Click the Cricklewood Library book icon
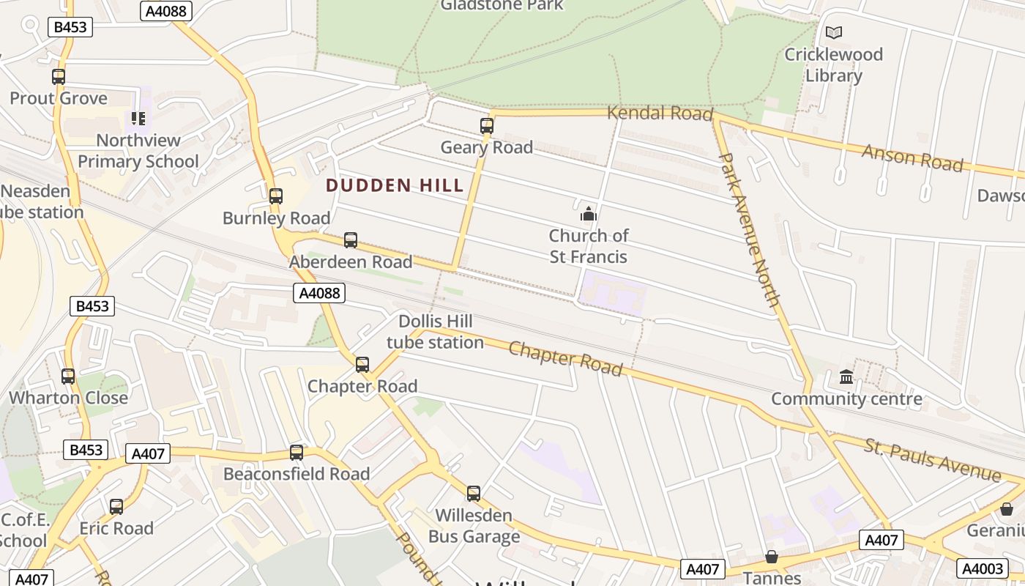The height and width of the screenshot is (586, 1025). pos(834,32)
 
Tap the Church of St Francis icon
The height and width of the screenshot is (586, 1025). pos(589,214)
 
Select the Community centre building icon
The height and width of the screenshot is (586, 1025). pos(847,377)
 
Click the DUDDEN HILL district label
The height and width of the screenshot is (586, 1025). pos(395,185)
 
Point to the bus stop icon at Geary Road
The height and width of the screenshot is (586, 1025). pos(487,125)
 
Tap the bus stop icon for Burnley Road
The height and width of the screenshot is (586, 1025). pos(276,196)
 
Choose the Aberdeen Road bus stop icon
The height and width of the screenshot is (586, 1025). pos(351,240)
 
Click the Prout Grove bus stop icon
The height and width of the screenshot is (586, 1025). pos(59,76)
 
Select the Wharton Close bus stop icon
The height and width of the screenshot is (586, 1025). pos(68,376)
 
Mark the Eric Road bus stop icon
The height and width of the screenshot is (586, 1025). pos(116,506)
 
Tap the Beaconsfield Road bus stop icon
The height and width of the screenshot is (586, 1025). pos(297,452)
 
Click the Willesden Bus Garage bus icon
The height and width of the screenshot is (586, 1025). pos(474,493)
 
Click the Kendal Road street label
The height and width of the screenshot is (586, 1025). pos(660,113)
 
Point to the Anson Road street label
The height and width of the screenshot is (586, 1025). pos(912,157)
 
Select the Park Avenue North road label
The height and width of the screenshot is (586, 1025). pos(749,229)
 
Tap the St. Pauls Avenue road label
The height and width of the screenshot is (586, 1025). pos(932,460)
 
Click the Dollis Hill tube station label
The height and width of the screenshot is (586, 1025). pos(435,332)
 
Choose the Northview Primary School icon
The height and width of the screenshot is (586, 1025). pos(138,118)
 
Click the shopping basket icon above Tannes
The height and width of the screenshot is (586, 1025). pos(772,557)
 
